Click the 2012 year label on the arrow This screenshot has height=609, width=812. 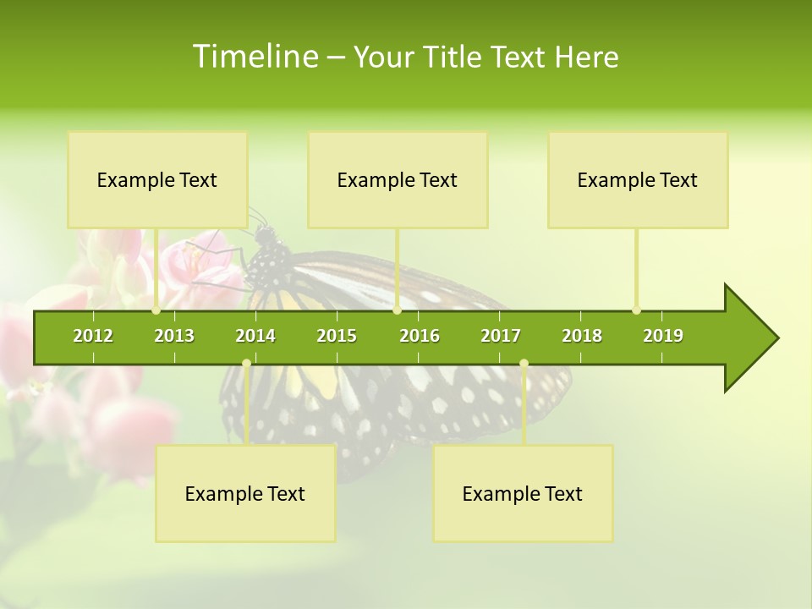point(93,336)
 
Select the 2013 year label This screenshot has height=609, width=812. point(174,336)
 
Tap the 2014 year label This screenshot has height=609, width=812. point(255,336)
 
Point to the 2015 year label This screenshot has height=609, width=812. point(337,336)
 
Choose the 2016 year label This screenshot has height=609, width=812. point(420,336)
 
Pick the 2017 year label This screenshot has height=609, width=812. point(501,336)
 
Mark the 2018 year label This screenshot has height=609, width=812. point(582,336)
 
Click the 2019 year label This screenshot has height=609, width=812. point(663,336)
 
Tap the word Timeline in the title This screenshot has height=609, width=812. point(255,57)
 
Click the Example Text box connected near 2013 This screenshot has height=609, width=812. point(157,179)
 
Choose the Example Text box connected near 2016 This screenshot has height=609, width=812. point(398,179)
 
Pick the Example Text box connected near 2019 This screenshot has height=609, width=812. point(638,179)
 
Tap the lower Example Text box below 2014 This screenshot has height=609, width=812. point(245,493)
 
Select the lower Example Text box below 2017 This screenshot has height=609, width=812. point(523,493)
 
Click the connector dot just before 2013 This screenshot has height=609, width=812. point(156,310)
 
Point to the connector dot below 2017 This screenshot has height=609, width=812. point(524,364)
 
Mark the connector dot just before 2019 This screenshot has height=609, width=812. point(636,310)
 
